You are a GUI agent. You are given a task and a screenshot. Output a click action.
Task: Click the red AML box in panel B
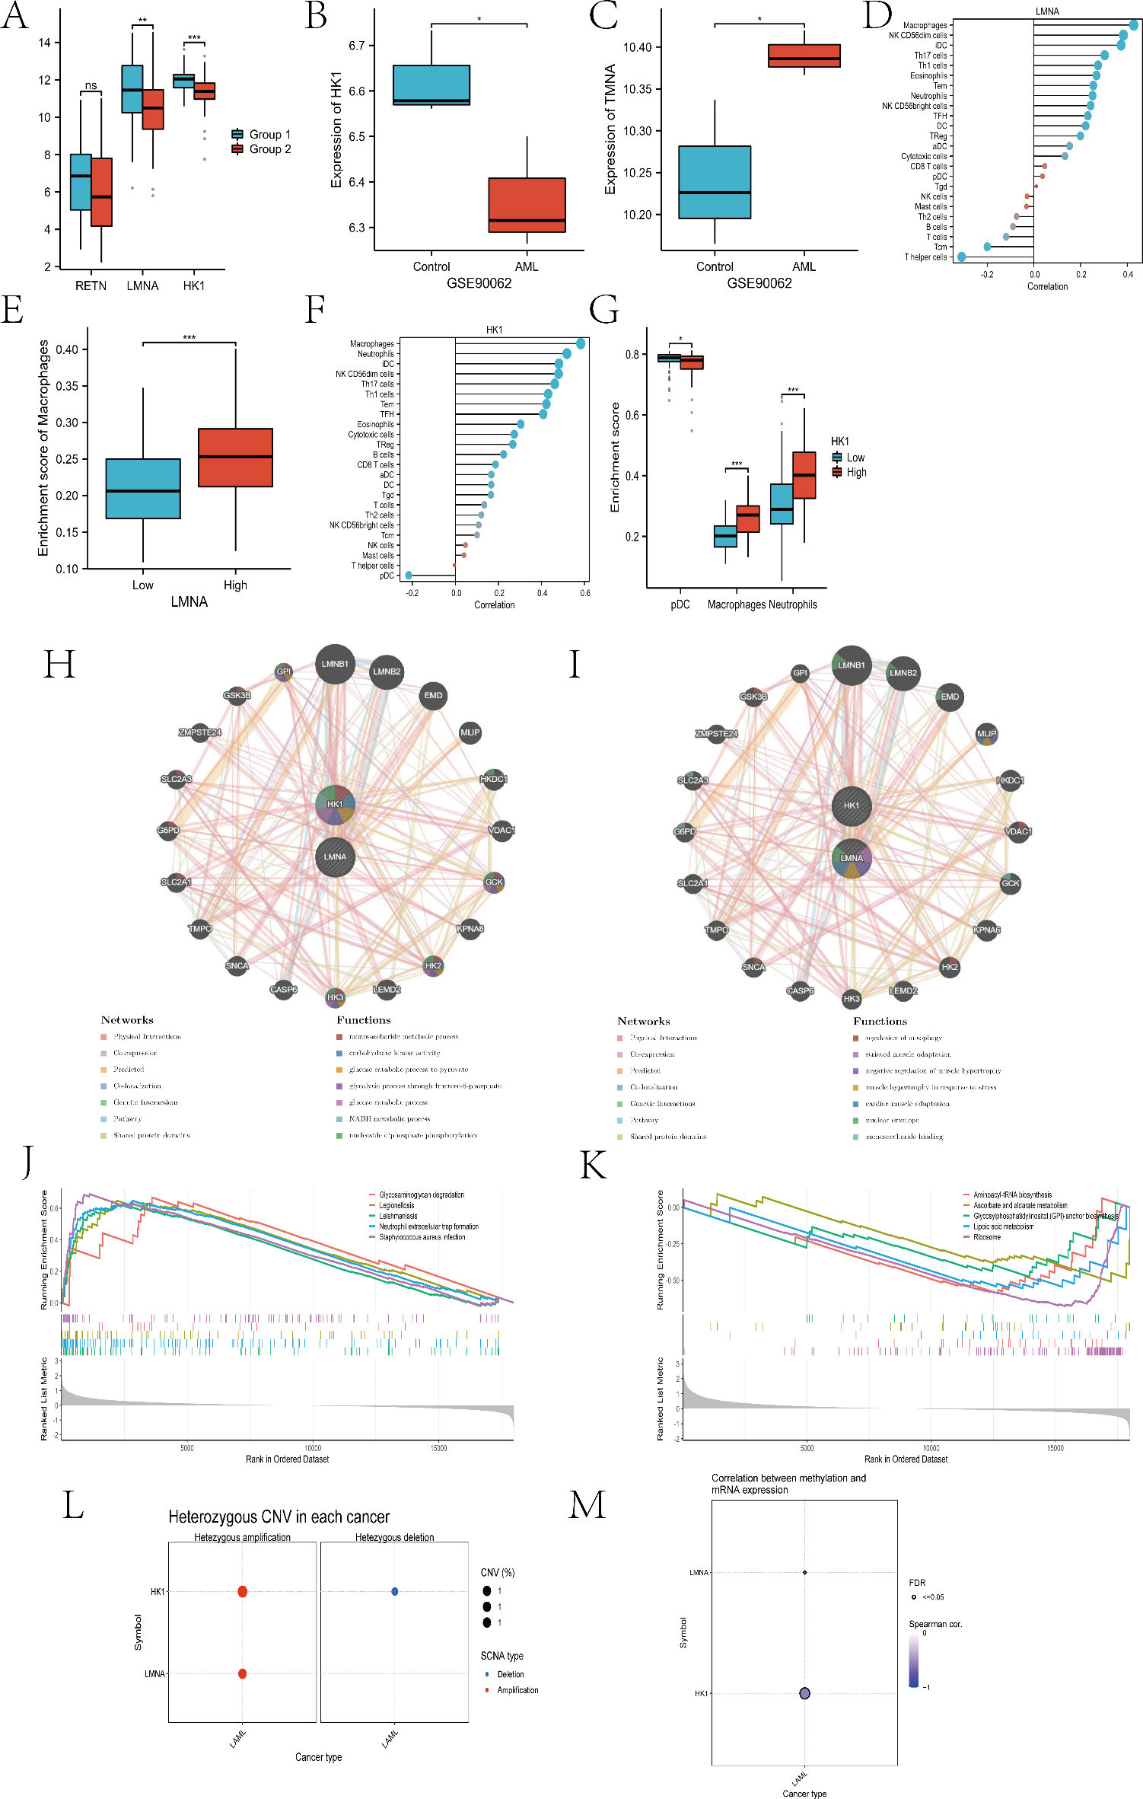[527, 205]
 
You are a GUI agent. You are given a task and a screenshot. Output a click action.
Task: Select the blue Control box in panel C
[715, 182]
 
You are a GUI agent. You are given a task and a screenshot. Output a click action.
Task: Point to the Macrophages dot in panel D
[1133, 25]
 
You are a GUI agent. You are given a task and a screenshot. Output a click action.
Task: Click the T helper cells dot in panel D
[962, 257]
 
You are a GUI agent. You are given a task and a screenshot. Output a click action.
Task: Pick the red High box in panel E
[235, 458]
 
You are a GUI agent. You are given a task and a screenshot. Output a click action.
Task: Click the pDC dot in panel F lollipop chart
[409, 576]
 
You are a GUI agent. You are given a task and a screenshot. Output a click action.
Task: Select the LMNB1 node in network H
[335, 664]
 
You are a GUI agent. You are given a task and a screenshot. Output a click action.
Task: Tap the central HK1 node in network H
[335, 805]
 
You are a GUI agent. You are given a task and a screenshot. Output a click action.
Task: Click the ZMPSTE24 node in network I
[717, 734]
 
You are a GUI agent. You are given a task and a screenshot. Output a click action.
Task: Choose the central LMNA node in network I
[852, 858]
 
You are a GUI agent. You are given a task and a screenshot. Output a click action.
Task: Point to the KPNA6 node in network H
[470, 929]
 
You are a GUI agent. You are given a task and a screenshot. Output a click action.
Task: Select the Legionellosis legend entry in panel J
[396, 1205]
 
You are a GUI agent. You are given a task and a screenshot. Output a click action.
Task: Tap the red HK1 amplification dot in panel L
[243, 1592]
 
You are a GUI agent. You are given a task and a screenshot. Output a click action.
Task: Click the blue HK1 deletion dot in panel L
[395, 1592]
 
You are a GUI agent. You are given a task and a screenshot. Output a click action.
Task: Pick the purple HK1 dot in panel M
[804, 1694]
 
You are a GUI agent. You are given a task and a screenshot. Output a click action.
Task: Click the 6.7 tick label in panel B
[358, 46]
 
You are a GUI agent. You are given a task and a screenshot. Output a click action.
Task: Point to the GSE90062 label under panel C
[759, 283]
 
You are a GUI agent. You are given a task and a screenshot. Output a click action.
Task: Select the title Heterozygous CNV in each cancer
[279, 1517]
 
